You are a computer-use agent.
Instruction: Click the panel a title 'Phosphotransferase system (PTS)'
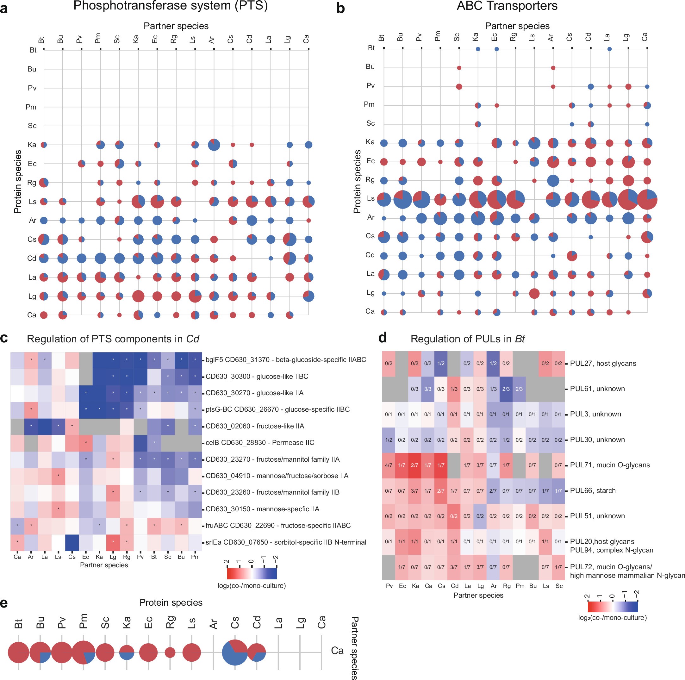(170, 6)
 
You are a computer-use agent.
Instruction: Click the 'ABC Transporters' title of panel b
(507, 6)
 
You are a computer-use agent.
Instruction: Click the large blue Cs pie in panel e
(235, 652)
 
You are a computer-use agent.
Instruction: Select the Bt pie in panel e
(18, 652)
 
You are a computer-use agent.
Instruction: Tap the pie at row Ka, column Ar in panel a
(214, 145)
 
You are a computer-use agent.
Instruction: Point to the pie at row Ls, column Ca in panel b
(647, 199)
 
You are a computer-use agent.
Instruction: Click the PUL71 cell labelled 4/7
(389, 465)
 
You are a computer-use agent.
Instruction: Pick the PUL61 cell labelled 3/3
(427, 389)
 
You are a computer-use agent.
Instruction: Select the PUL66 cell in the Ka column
(414, 491)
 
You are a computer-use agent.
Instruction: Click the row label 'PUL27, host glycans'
(603, 363)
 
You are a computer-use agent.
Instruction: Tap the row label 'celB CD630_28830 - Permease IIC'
(260, 442)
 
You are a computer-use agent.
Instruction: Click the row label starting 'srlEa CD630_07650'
(286, 542)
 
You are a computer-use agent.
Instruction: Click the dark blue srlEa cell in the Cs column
(72, 542)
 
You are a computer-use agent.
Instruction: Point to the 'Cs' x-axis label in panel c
(72, 557)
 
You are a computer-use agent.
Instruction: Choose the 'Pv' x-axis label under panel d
(389, 586)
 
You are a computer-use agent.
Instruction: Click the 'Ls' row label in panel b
(371, 198)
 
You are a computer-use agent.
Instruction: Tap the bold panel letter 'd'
(382, 338)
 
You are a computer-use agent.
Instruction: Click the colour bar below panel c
(252, 573)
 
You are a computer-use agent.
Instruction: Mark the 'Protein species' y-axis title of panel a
(18, 182)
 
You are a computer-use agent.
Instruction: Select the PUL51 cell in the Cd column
(454, 516)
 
